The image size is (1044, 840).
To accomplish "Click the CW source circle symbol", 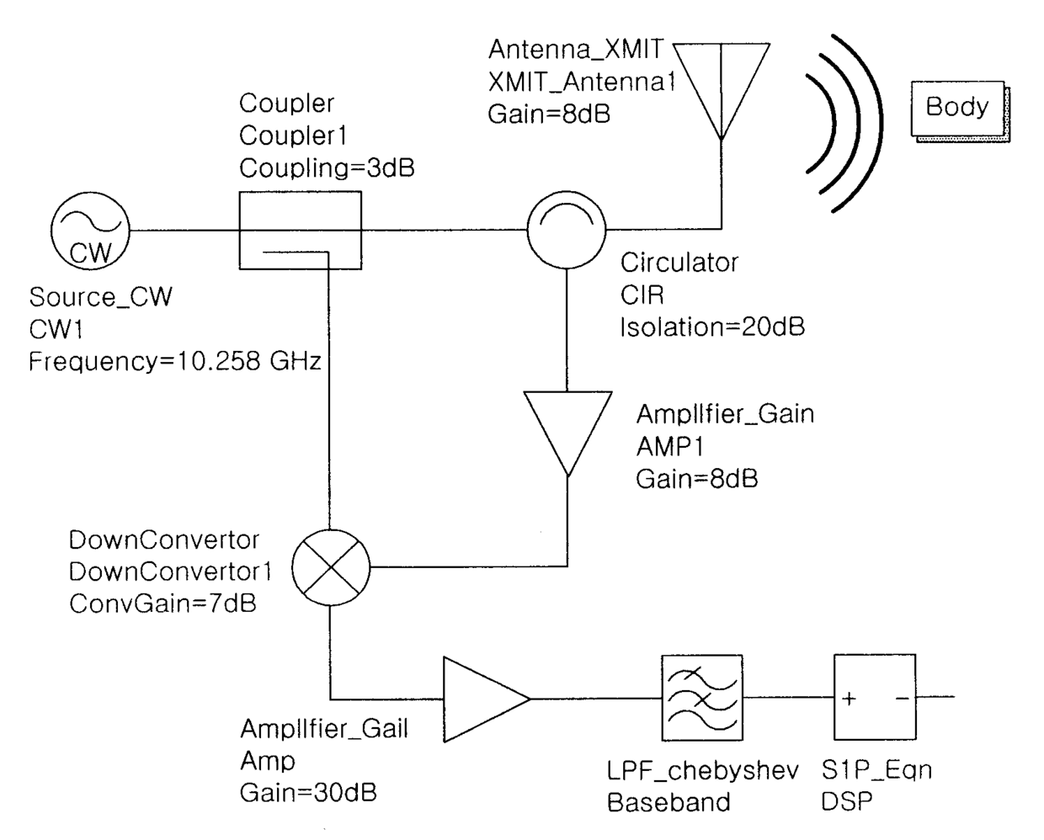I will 89,230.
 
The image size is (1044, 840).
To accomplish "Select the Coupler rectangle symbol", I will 301,230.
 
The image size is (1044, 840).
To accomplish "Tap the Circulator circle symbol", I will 566,228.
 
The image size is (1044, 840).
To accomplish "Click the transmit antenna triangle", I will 722,84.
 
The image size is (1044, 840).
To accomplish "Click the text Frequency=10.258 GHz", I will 175,362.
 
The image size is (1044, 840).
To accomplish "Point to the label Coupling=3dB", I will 327,168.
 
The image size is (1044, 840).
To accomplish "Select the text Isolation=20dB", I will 712,327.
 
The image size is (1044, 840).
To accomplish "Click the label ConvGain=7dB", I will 162,604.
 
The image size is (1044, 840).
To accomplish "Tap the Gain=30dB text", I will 308,793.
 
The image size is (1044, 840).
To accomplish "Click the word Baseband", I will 668,802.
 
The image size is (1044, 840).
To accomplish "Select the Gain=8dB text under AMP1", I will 696,479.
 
